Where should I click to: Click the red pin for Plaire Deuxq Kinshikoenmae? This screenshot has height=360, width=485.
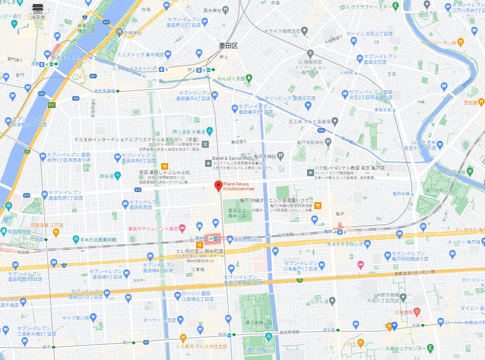click(x=218, y=185)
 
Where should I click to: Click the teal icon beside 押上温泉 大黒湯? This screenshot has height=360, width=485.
click(x=210, y=131)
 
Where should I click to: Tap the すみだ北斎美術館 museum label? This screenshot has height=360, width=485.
click(x=98, y=239)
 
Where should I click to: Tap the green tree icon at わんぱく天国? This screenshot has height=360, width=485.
click(x=249, y=77)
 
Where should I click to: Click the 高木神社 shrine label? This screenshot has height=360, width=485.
click(x=214, y=10)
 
